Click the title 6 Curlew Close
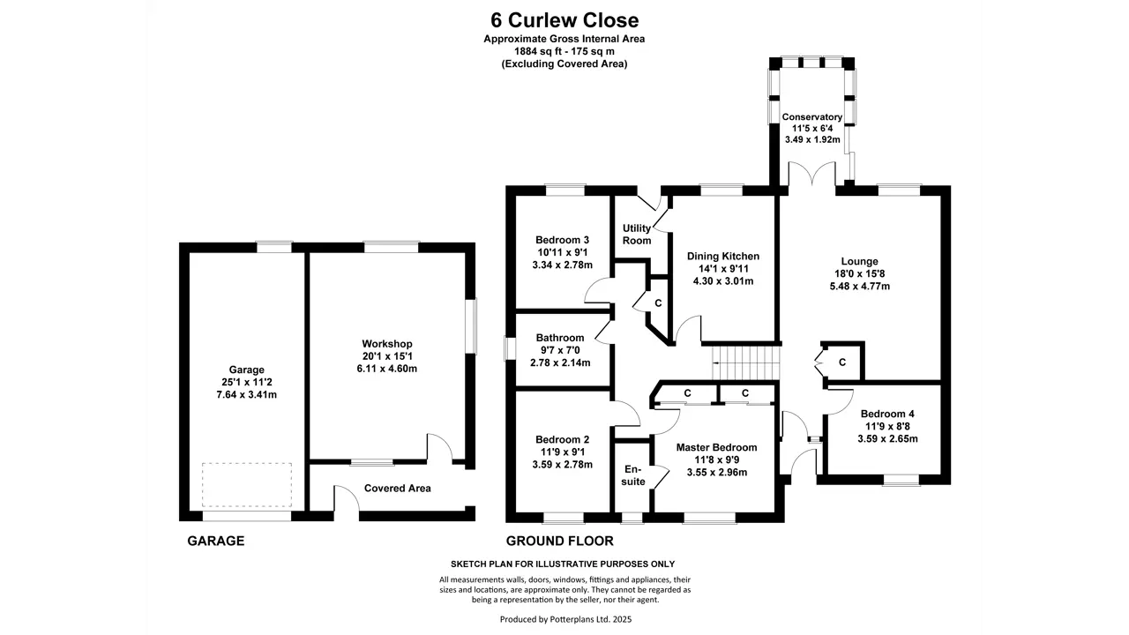[564, 20]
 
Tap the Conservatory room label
[812, 117]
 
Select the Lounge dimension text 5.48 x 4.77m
[859, 287]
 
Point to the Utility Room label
[637, 235]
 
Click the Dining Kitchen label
[722, 256]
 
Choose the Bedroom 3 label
[562, 240]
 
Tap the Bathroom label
[560, 338]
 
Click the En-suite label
[633, 475]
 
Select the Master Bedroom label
[716, 447]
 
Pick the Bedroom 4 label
[887, 414]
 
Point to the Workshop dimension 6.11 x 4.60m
[386, 369]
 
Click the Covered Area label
[397, 489]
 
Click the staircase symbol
[746, 362]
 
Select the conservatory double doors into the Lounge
[812, 175]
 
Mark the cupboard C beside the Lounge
[841, 362]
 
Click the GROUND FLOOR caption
[559, 542]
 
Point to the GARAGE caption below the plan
[216, 542]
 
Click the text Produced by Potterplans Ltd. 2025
[565, 619]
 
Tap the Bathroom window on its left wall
[510, 348]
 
